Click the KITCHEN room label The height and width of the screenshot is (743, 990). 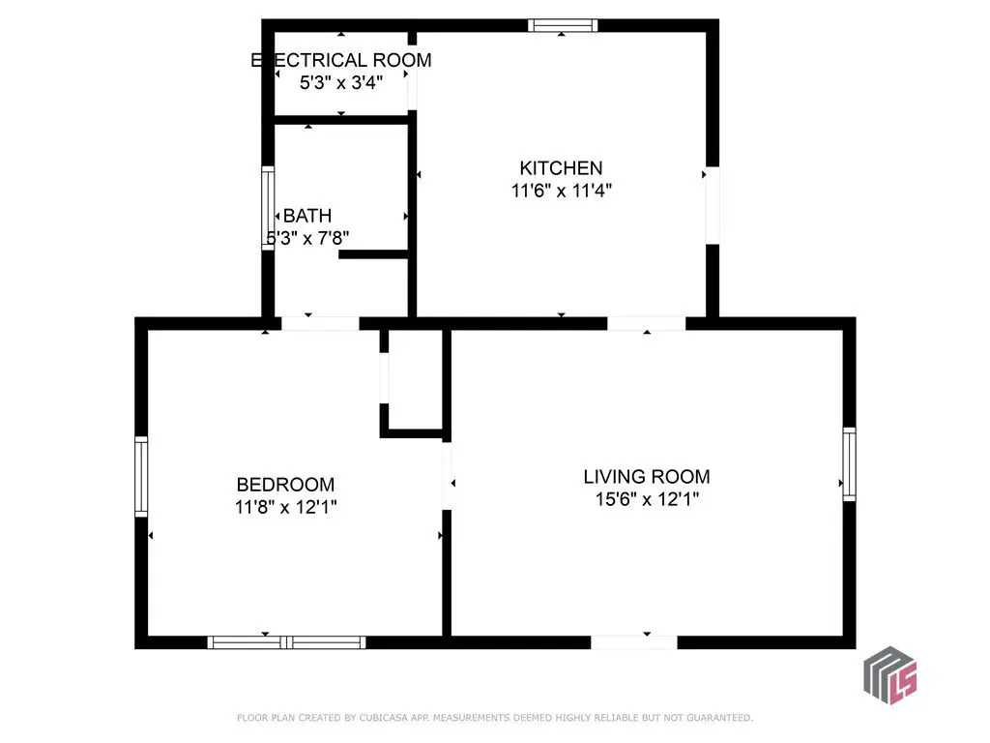(x=561, y=168)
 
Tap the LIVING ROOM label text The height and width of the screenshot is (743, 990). (x=647, y=476)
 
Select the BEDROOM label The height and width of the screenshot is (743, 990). (x=285, y=485)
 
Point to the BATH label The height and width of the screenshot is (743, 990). (x=307, y=216)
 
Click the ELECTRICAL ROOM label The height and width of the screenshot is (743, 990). (x=341, y=60)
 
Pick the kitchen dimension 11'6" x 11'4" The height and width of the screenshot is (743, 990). (x=562, y=191)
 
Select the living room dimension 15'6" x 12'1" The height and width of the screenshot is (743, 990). (x=647, y=499)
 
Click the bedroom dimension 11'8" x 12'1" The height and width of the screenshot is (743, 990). (x=285, y=507)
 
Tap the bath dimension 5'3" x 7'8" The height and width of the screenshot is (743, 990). (x=307, y=238)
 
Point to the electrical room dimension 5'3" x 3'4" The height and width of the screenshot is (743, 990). (x=341, y=82)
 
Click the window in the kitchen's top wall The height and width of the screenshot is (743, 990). (x=563, y=25)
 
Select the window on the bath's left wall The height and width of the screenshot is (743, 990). (x=268, y=208)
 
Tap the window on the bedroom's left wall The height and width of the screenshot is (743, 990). (x=141, y=476)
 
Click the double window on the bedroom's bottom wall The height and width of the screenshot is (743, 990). (x=286, y=642)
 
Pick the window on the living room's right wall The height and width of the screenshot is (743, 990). (x=850, y=464)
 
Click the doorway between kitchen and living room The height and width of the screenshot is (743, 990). (x=647, y=323)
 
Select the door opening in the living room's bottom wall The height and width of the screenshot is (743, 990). (x=634, y=642)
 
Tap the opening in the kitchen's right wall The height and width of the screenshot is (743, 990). (x=713, y=205)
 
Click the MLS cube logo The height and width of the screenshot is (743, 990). (x=890, y=674)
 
